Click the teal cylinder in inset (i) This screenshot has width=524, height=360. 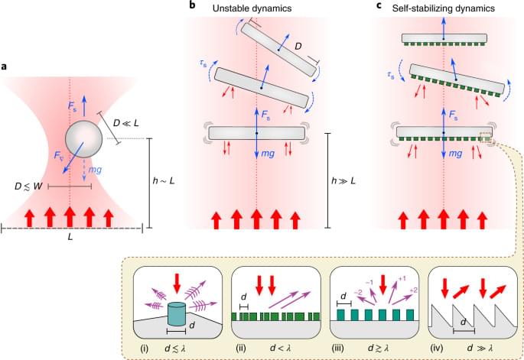176,313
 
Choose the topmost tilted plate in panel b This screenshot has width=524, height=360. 277,48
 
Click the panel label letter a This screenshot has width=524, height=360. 5,66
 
